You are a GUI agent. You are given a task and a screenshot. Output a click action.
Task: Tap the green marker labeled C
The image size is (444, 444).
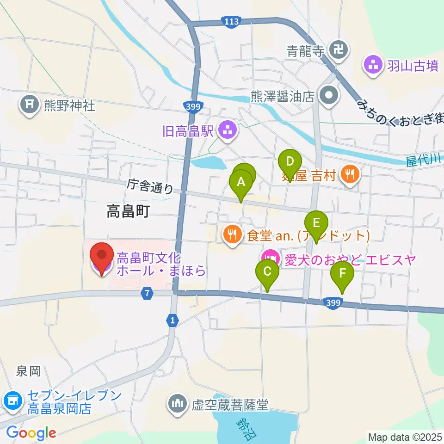267,271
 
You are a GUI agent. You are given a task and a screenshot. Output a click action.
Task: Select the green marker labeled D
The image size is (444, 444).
290,162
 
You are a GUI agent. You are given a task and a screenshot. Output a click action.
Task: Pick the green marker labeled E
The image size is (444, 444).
316,223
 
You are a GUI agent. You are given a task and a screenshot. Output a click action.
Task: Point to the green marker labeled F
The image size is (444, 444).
342,273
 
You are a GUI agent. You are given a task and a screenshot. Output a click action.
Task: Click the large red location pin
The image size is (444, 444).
102,256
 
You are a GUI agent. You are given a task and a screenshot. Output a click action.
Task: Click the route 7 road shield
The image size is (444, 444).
147,293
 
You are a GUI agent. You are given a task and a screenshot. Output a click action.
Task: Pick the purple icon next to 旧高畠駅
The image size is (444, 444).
227,131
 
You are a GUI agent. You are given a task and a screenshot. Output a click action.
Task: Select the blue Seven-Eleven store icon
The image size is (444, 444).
12,401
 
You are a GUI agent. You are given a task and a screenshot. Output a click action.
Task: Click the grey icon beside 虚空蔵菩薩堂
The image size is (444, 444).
178,406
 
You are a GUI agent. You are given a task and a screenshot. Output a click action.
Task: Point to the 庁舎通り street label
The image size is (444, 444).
150,186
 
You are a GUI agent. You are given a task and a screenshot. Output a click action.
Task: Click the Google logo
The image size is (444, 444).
31,433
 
